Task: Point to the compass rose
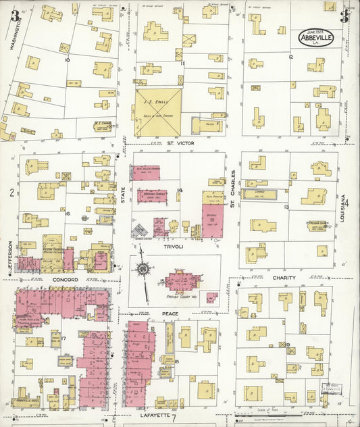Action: pyautogui.click(x=143, y=268)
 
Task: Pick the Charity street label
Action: pyautogui.click(x=284, y=278)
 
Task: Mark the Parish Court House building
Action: pyautogui.click(x=180, y=282)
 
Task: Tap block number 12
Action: pyautogui.click(x=290, y=57)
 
